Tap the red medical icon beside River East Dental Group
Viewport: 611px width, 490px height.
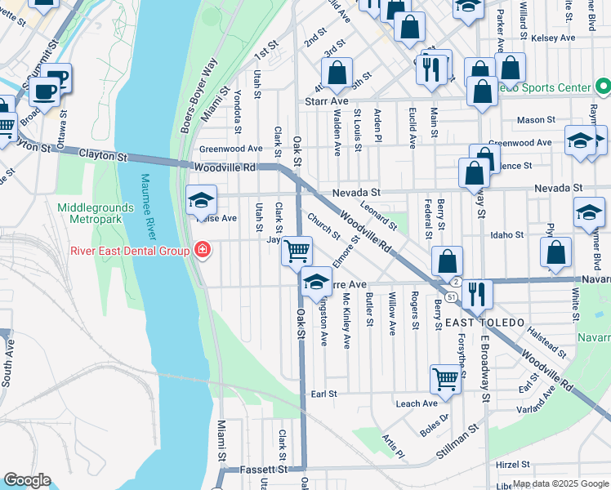(201, 251)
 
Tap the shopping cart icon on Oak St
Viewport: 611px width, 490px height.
(297, 250)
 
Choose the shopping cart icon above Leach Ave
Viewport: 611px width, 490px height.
(445, 378)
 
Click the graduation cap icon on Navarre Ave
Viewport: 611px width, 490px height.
(316, 282)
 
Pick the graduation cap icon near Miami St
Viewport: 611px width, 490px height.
(201, 200)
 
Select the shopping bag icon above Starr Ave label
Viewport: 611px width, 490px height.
(337, 73)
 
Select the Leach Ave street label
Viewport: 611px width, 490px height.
(417, 403)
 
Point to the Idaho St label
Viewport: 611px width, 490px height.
(506, 235)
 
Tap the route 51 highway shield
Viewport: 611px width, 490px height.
(451, 296)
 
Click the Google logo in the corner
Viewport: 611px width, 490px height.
(27, 480)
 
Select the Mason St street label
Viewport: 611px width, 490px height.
(537, 121)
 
